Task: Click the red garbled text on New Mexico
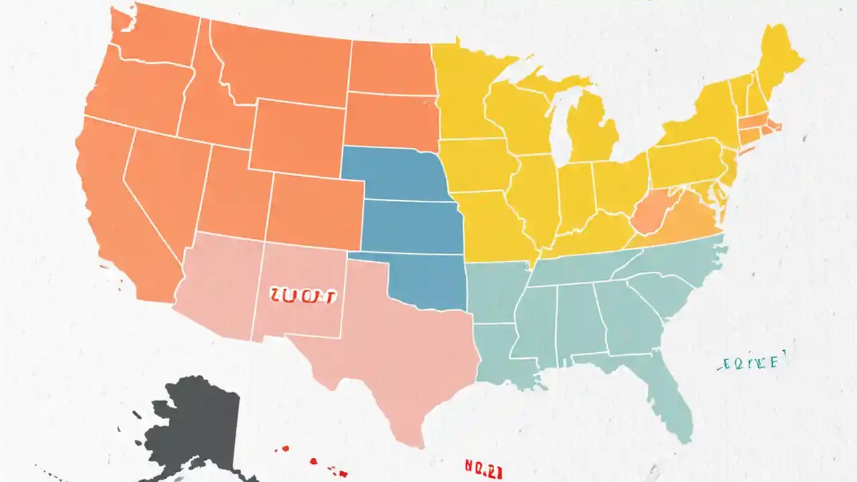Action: point(303,295)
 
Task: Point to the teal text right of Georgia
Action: point(750,363)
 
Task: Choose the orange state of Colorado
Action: point(315,211)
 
